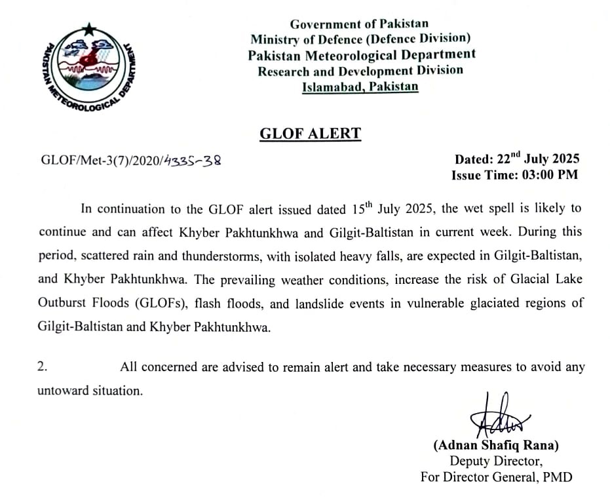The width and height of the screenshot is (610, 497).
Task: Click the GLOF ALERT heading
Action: click(310, 134)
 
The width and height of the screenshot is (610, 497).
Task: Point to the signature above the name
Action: click(497, 417)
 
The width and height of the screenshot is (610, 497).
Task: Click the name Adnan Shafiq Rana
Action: click(496, 446)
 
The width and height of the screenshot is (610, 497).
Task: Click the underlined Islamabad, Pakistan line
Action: click(360, 87)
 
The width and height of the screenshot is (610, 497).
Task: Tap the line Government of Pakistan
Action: click(360, 24)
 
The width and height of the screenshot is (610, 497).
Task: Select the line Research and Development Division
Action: click(360, 71)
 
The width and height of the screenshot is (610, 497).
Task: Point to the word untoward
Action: click(61, 391)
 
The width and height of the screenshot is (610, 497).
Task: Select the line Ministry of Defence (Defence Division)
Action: click(360, 39)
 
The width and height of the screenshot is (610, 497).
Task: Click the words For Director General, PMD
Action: click(496, 477)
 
